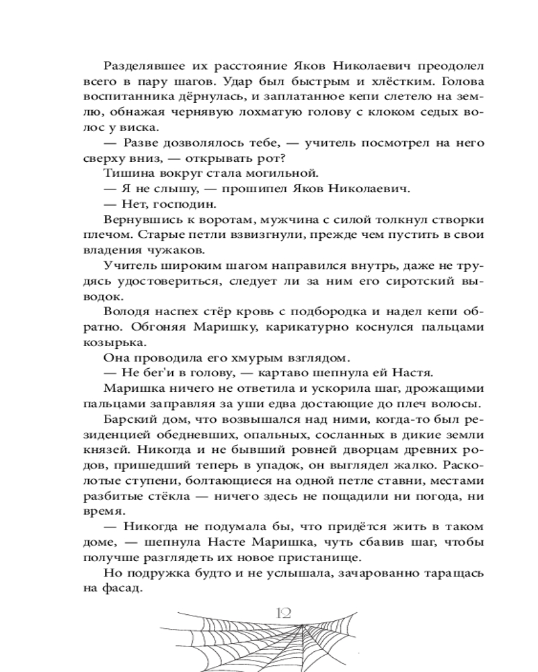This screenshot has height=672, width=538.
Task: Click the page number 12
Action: (282, 612)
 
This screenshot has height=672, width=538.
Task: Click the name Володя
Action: (129, 310)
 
